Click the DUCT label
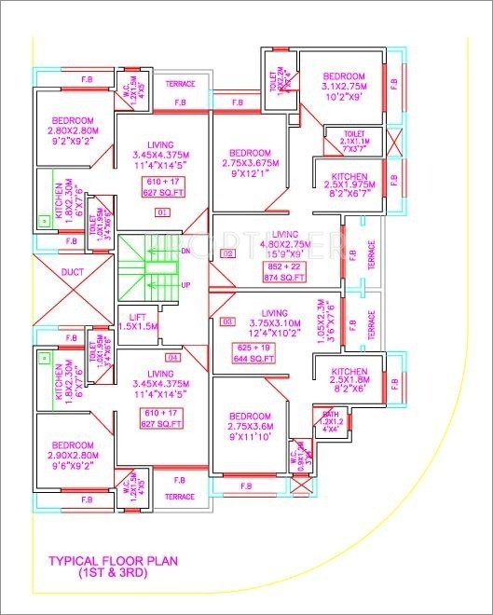[72, 273]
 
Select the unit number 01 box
[162, 212]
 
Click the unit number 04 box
[171, 357]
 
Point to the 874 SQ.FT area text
[284, 277]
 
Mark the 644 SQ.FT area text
[278, 358]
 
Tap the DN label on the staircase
[185, 251]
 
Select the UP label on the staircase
[185, 284]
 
